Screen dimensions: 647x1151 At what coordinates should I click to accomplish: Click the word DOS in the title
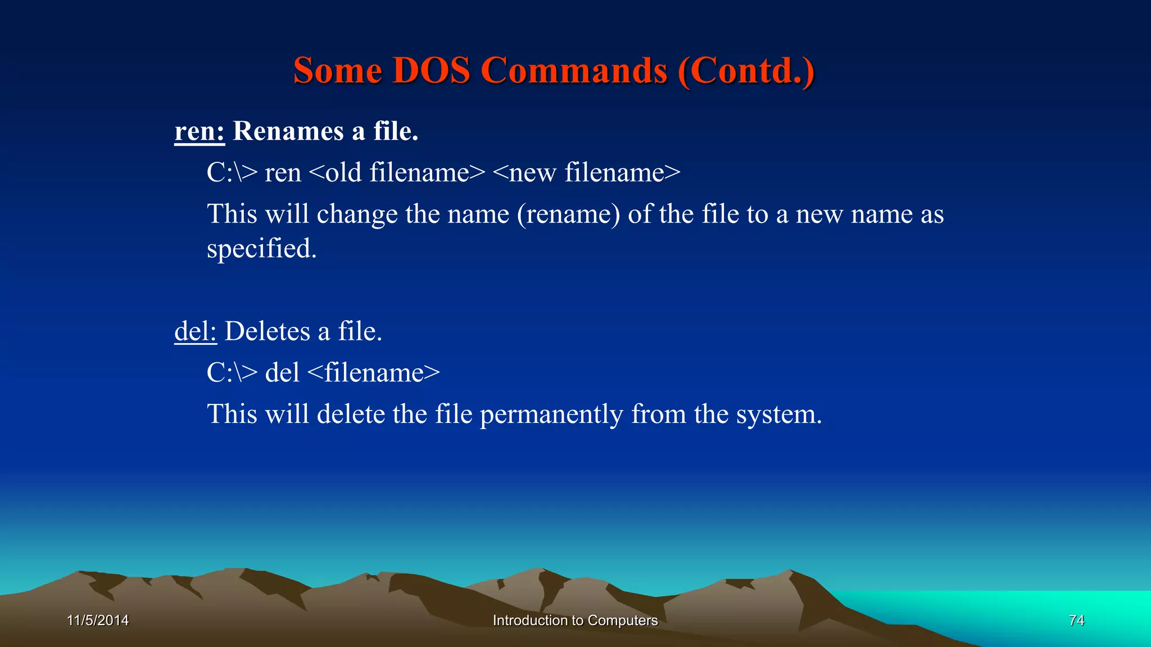click(431, 71)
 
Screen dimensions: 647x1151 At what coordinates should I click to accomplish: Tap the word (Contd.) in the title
click(746, 71)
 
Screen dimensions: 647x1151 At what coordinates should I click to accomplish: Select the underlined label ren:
click(199, 131)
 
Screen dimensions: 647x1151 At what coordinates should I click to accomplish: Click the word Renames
click(288, 131)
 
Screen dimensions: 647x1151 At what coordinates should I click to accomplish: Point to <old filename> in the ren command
click(397, 172)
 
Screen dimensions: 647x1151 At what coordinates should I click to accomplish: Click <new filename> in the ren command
click(586, 172)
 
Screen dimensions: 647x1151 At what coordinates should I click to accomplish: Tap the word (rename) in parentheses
click(568, 215)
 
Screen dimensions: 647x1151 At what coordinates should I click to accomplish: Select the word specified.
click(261, 249)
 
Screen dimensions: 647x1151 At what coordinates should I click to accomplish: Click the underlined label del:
click(195, 331)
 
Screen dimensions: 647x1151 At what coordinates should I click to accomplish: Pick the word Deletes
click(267, 331)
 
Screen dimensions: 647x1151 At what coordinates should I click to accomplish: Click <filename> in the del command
click(374, 373)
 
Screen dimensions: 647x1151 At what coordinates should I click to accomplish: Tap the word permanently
click(551, 414)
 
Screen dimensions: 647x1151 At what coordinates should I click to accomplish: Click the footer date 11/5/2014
click(98, 620)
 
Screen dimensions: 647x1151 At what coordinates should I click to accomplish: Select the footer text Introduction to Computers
click(575, 620)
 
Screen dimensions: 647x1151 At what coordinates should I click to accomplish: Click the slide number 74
click(1076, 620)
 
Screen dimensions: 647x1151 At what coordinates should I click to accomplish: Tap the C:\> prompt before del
click(232, 373)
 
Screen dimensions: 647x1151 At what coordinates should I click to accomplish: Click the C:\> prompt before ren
click(232, 172)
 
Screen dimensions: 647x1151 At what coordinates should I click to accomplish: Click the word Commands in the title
click(574, 71)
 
